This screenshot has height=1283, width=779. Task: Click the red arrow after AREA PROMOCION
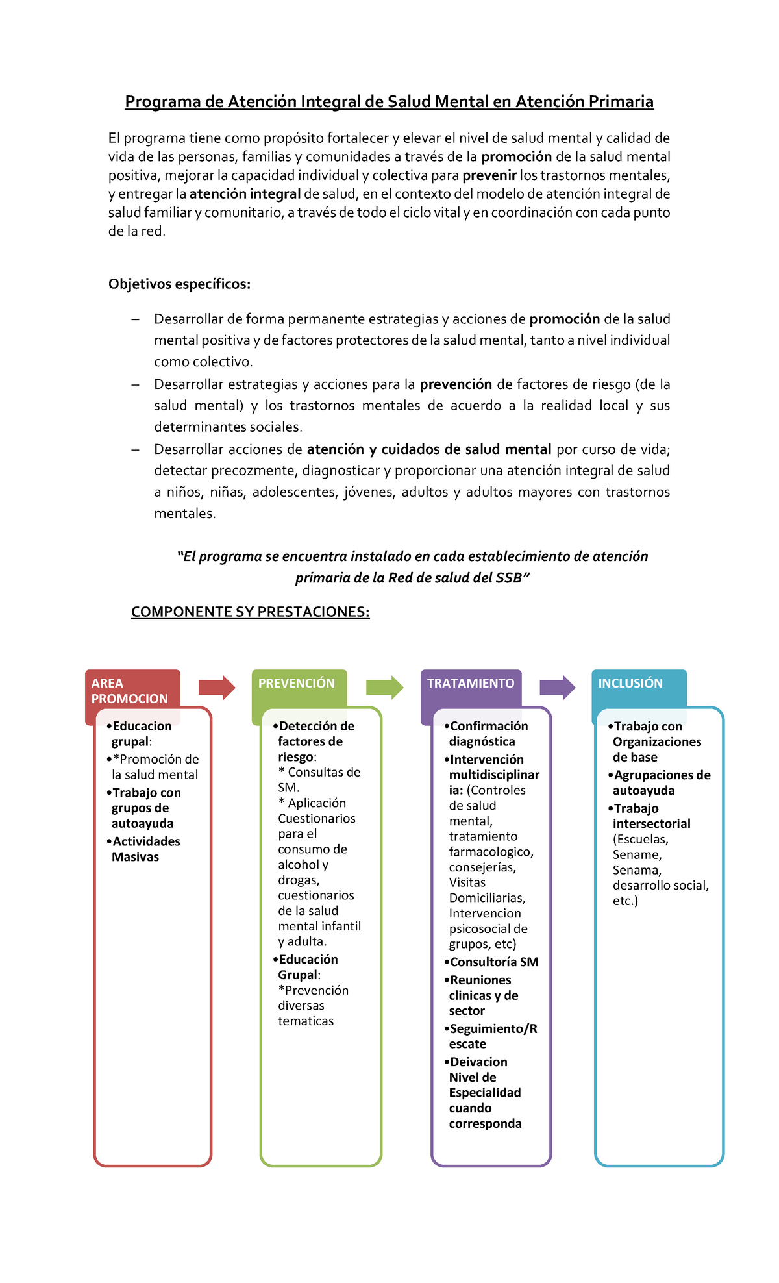[x=217, y=688]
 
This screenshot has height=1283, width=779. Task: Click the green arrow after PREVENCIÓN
[x=384, y=688]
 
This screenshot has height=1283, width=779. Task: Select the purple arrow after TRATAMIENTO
[x=557, y=688]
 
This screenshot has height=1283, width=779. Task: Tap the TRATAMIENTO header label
[x=471, y=683]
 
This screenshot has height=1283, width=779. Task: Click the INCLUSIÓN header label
[x=630, y=683]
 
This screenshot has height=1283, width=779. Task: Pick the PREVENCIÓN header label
[x=297, y=683]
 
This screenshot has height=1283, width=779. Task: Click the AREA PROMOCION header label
[x=130, y=691]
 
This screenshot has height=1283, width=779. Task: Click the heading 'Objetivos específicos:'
[x=179, y=284]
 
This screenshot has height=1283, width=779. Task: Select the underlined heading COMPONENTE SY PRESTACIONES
[x=250, y=612]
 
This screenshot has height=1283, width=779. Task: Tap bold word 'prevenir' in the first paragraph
[x=489, y=175]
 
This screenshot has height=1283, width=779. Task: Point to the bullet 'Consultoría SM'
[x=493, y=962]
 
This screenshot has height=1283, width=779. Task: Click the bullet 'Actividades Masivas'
[x=145, y=849]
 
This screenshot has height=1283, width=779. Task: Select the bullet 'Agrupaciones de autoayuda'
[x=661, y=782]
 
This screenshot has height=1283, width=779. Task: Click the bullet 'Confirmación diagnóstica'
[x=488, y=734]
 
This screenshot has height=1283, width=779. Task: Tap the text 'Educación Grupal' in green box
[x=307, y=967]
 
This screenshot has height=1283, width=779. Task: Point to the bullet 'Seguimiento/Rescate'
[x=492, y=1036]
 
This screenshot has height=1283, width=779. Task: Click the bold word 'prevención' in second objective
[x=456, y=384]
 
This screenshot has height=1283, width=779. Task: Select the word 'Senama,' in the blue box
[x=637, y=870]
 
